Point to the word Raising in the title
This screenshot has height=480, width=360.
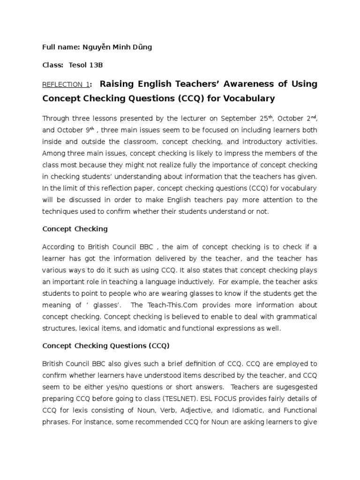click(x=117, y=84)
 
